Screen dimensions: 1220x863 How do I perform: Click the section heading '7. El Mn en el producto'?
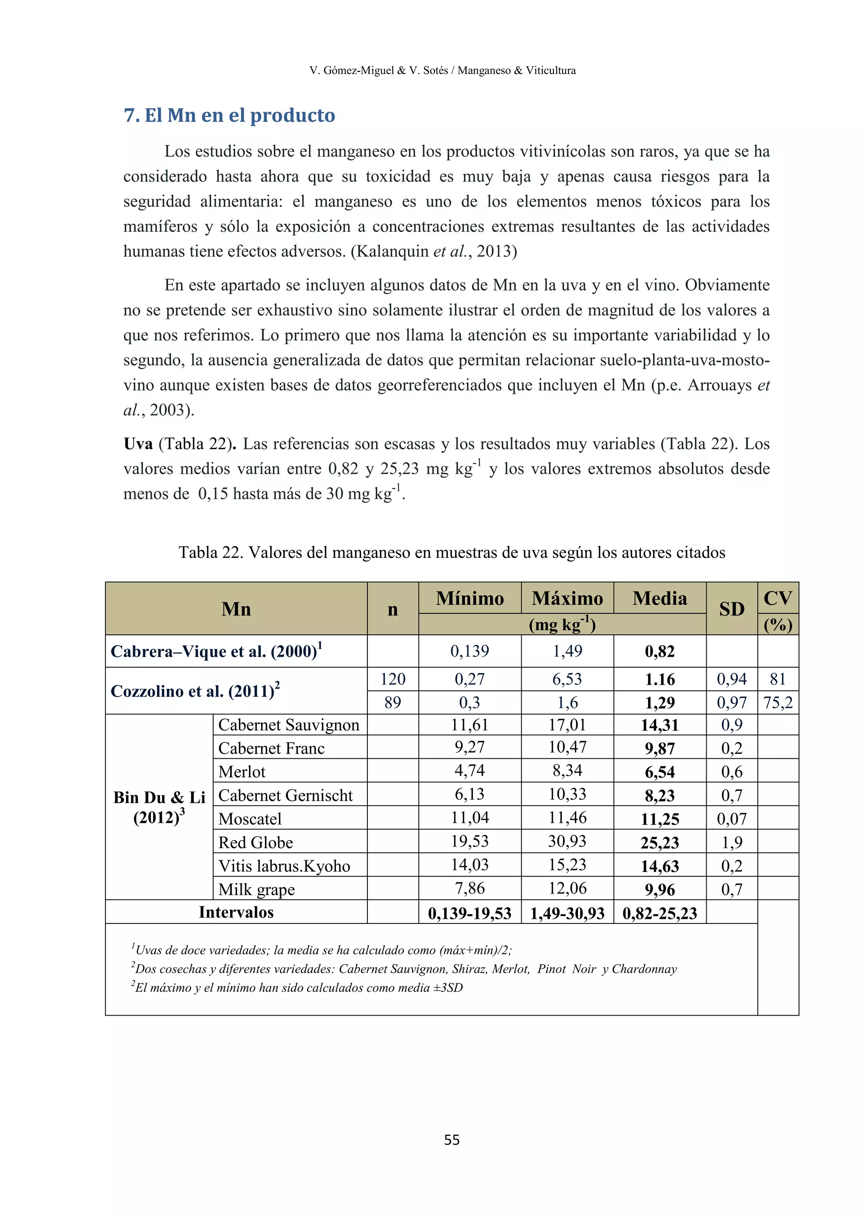(x=229, y=115)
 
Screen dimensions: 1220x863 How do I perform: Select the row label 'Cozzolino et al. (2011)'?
(x=195, y=691)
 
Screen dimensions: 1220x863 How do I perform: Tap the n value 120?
(x=393, y=679)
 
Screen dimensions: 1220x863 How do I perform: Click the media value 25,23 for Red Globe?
(x=659, y=843)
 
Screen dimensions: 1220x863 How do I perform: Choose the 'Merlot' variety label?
(x=242, y=771)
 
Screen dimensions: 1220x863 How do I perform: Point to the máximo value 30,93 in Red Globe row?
(x=567, y=842)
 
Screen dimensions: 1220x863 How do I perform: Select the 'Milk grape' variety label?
(x=256, y=889)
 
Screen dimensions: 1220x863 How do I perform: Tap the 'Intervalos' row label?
(x=236, y=912)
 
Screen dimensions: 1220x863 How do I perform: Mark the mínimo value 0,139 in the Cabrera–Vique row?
(x=469, y=651)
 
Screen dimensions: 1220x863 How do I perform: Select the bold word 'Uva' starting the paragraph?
(x=138, y=444)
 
